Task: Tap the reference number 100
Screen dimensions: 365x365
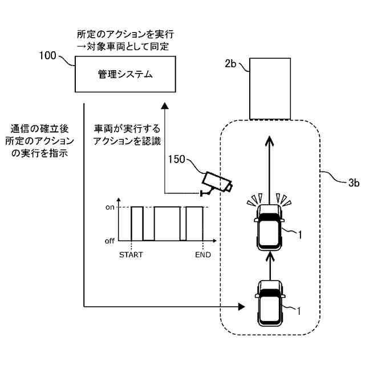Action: (47, 56)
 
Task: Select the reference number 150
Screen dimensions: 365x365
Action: (177, 160)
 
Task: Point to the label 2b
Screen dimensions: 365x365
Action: (230, 63)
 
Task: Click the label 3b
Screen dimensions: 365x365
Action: (354, 182)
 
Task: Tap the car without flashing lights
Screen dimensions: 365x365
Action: (270, 303)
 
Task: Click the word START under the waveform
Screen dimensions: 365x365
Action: (131, 255)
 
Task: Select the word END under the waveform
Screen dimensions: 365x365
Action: (203, 255)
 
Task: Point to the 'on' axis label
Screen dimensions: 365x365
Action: (110, 207)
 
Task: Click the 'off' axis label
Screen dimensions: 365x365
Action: (109, 241)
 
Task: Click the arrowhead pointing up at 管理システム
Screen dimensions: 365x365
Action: (165, 106)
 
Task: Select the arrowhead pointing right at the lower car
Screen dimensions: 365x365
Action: (242, 307)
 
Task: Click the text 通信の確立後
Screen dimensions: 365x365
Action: (39, 129)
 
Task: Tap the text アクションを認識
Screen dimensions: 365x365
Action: (127, 141)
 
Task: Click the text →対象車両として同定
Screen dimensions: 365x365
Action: (123, 46)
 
